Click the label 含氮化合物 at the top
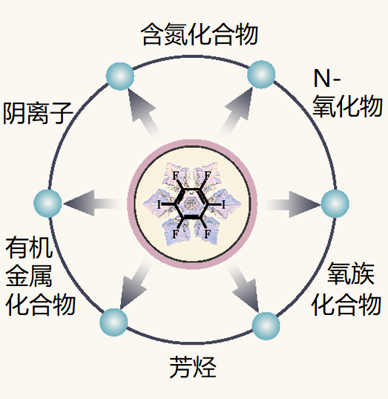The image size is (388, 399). coord(200,35)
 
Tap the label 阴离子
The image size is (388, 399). coord(38,113)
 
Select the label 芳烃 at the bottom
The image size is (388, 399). coord(193,367)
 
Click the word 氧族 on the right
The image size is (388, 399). coord(351,273)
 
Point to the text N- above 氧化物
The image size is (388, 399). coord(327,78)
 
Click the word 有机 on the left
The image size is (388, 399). coord(29,247)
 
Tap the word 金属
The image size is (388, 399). coord(29,276)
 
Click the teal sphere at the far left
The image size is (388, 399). coord(47,204)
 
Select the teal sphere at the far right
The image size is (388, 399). coord(335,204)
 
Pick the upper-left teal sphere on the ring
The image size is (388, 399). coord(120,77)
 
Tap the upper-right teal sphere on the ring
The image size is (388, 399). coord(261,74)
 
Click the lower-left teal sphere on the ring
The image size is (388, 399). coord(114,322)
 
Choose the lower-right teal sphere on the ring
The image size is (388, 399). coord(266,326)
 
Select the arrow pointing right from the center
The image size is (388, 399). coord(292,204)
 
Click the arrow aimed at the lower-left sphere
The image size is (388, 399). coord(136,285)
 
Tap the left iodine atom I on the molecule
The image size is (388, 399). coord(159,204)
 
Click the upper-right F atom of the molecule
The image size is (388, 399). coord(208,175)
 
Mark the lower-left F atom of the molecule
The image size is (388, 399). coord(175,233)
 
